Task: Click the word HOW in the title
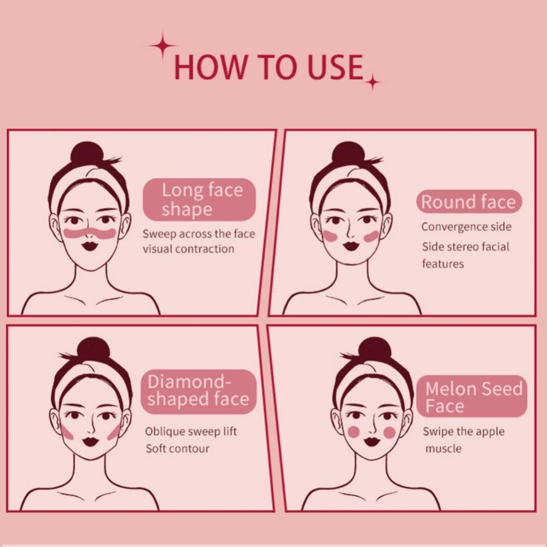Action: [x=210, y=67]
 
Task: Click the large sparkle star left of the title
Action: [x=162, y=46]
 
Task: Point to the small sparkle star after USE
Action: [x=373, y=83]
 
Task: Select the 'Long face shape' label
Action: [x=199, y=200]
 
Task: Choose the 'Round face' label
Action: [x=469, y=202]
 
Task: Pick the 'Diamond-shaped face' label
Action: [x=199, y=391]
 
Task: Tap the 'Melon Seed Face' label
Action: [x=472, y=396]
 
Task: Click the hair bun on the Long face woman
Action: [x=87, y=153]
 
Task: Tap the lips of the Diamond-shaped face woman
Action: [x=91, y=441]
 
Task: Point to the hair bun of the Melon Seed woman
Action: [x=374, y=348]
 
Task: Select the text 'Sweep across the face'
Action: [x=199, y=234]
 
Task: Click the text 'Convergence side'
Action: [x=467, y=227]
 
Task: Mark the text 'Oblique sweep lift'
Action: [x=191, y=431]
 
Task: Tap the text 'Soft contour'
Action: [x=178, y=449]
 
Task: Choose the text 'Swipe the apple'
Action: [x=464, y=432]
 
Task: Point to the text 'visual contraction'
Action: [x=188, y=249]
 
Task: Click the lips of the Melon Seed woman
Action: [x=372, y=441]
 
